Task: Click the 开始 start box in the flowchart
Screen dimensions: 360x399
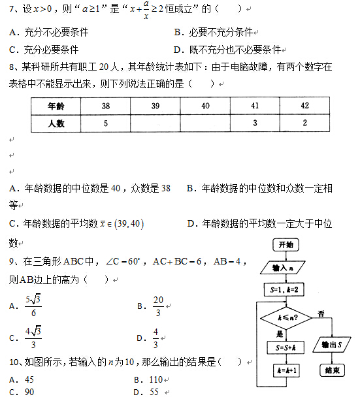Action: [x=286, y=245]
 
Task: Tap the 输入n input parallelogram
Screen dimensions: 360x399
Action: [x=286, y=268]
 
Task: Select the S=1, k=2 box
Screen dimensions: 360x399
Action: [x=286, y=289]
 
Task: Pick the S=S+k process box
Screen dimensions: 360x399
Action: [x=286, y=347]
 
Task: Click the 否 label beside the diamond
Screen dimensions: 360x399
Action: [x=321, y=314]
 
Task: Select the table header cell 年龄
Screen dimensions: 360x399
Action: [x=56, y=106]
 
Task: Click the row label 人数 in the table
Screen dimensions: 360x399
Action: [x=56, y=123]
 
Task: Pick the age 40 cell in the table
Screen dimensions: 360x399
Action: [x=205, y=106]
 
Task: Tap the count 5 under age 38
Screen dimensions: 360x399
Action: [x=105, y=123]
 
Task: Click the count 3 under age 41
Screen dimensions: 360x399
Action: [x=255, y=123]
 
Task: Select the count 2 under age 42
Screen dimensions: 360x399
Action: [x=304, y=123]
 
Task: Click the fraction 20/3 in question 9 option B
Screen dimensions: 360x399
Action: [x=158, y=306]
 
